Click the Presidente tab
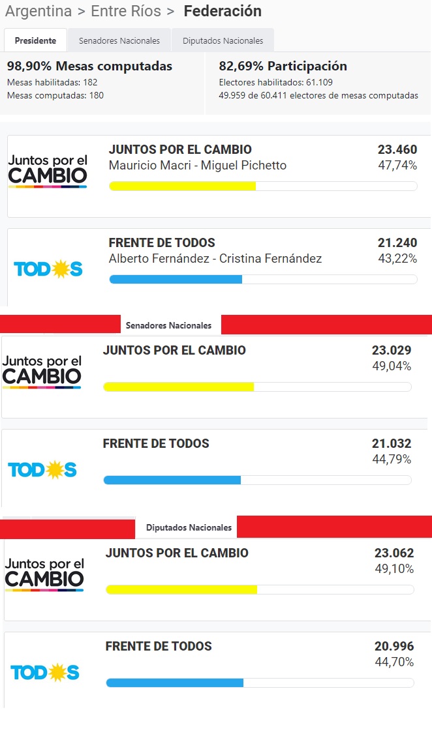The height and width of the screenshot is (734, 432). click(35, 40)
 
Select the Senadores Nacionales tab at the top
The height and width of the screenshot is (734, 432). click(119, 40)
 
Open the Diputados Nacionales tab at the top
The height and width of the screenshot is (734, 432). click(223, 40)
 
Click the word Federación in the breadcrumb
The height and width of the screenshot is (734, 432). click(223, 11)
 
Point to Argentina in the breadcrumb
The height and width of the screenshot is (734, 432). click(39, 11)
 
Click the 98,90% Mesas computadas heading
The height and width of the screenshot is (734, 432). click(89, 66)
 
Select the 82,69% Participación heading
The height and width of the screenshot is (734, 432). click(283, 66)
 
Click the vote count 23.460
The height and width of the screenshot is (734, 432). click(397, 149)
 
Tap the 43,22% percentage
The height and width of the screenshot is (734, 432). click(397, 259)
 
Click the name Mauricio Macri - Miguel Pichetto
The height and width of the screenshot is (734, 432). click(198, 166)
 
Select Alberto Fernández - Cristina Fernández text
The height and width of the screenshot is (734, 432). click(215, 259)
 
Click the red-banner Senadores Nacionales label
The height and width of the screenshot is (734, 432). click(168, 325)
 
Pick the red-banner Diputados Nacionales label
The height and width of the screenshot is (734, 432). click(189, 527)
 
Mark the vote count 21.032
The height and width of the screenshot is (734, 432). click(392, 443)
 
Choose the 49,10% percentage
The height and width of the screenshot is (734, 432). click(394, 569)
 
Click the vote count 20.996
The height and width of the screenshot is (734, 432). click(394, 646)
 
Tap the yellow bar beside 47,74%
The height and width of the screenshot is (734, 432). click(183, 186)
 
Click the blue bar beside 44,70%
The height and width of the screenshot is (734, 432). click(175, 683)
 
